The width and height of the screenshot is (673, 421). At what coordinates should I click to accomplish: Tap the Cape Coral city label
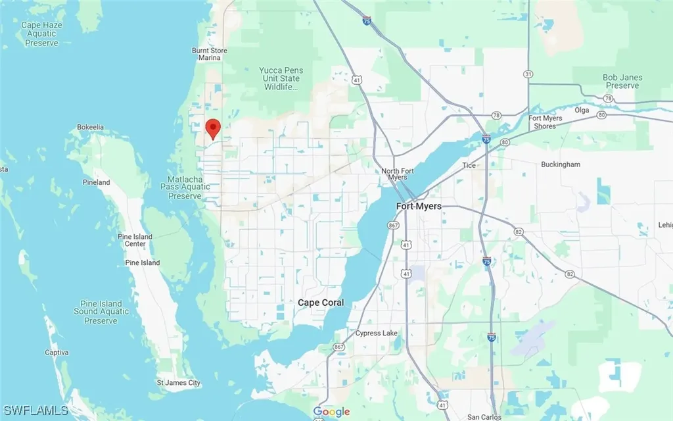(321, 303)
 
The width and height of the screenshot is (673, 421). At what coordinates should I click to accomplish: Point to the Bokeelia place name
(91, 127)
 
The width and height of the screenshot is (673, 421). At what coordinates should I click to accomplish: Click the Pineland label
(96, 182)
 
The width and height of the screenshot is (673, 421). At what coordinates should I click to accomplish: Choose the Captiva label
(57, 353)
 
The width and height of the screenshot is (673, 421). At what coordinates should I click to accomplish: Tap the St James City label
(178, 382)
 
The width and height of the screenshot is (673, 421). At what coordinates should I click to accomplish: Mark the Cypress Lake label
(377, 334)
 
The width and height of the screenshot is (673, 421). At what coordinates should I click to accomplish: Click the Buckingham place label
(561, 164)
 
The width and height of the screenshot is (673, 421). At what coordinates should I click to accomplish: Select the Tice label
(469, 166)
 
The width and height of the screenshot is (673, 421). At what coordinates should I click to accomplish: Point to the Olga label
(582, 111)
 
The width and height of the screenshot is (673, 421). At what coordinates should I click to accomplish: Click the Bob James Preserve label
(622, 82)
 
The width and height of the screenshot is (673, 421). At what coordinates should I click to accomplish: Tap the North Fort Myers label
(399, 174)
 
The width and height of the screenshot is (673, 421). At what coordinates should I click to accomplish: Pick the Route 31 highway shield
(528, 74)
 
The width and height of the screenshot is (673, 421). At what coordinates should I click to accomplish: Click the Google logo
(331, 412)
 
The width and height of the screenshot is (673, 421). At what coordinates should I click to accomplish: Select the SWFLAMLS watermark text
(34, 410)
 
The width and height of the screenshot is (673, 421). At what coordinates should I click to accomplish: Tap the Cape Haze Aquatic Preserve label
(41, 34)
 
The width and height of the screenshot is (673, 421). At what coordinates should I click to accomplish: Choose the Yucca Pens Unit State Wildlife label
(281, 78)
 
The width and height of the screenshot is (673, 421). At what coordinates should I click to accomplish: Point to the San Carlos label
(484, 417)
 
